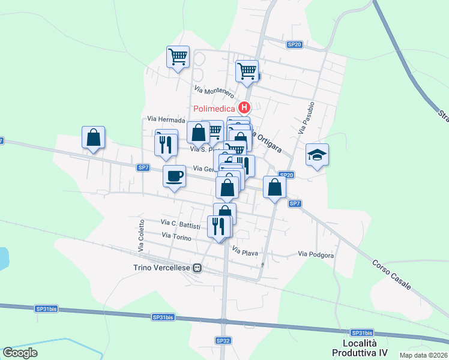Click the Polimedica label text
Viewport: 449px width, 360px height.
pyautogui.click(x=214, y=109)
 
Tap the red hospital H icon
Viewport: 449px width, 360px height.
pyautogui.click(x=244, y=109)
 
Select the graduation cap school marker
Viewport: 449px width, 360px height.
pyautogui.click(x=317, y=155)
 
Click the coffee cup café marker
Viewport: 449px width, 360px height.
pyautogui.click(x=174, y=176)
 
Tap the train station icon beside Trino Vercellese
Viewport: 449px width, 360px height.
pyautogui.click(x=196, y=268)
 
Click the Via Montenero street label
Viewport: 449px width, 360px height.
pyautogui.click(x=213, y=91)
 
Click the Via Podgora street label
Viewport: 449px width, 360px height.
pyautogui.click(x=316, y=255)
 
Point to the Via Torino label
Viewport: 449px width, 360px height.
pyautogui.click(x=176, y=238)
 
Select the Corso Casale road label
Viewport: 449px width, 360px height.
pyautogui.click(x=391, y=275)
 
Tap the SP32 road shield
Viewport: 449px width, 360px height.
pyautogui.click(x=223, y=340)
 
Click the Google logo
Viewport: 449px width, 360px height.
pyautogui.click(x=20, y=352)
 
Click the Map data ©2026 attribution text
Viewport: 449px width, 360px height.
pyautogui.click(x=424, y=355)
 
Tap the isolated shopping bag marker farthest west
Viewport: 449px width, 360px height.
pyautogui.click(x=93, y=138)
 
